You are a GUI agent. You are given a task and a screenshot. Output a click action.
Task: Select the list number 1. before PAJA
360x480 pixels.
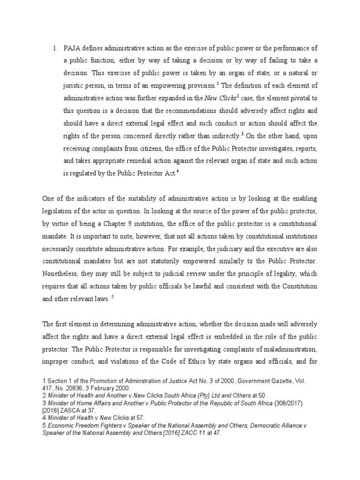coord(54,48)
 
